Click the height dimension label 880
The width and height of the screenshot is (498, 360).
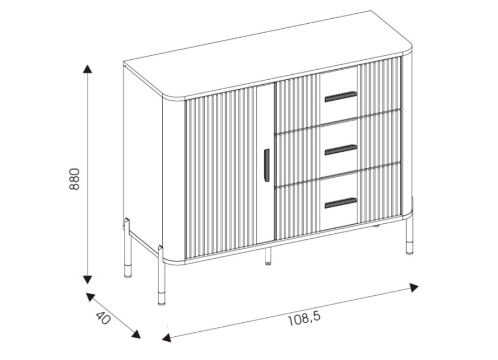pyautogui.click(x=74, y=179)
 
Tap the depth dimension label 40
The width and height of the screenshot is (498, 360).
pyautogui.click(x=103, y=318)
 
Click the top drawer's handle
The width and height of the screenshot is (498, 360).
pyautogui.click(x=341, y=97)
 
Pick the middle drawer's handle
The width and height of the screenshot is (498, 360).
pyautogui.click(x=341, y=150)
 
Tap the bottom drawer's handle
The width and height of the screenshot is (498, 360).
pyautogui.click(x=341, y=203)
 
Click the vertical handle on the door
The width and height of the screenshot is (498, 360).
pyautogui.click(x=267, y=166)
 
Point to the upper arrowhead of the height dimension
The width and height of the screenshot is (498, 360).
pyautogui.click(x=87, y=69)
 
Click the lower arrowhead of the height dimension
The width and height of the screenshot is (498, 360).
pyautogui.click(x=87, y=280)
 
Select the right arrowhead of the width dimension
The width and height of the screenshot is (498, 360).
pyautogui.click(x=414, y=287)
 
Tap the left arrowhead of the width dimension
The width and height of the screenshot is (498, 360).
pyautogui.click(x=167, y=337)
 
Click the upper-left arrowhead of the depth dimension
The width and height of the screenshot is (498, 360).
pyautogui.click(x=91, y=297)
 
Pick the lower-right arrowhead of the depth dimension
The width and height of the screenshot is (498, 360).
pyautogui.click(x=136, y=334)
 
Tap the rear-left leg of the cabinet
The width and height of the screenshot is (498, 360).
pyautogui.click(x=127, y=248)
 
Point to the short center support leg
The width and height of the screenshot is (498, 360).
pyautogui.click(x=268, y=255)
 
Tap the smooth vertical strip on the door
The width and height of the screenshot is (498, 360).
pyautogui.click(x=265, y=164)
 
